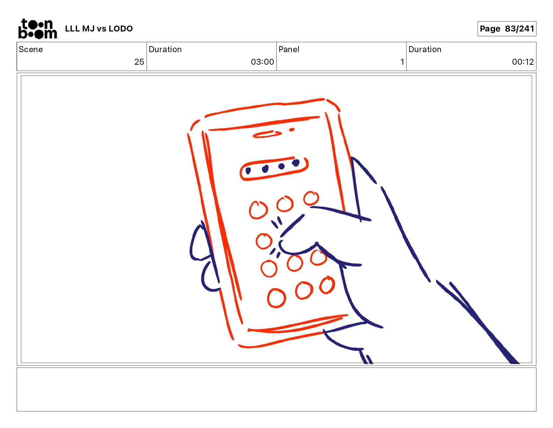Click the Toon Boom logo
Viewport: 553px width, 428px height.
(38, 29)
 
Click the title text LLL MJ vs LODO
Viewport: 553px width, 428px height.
(99, 29)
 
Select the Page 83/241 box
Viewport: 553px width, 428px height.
(507, 29)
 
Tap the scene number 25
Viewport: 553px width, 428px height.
(139, 62)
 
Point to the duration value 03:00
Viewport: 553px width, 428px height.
(262, 62)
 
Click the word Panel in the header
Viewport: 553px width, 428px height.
(289, 49)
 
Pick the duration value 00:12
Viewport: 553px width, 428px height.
(523, 62)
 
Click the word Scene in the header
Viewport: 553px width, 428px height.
(31, 49)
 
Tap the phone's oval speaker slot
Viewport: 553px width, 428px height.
(267, 134)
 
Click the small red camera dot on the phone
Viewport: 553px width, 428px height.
(292, 130)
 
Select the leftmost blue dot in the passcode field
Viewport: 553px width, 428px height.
(248, 171)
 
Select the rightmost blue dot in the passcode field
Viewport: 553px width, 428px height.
(296, 163)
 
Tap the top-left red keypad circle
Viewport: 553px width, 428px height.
(258, 210)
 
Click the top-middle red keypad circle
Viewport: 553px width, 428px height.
(285, 204)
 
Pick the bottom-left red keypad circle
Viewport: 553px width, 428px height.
(276, 298)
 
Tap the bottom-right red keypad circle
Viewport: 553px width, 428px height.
(327, 285)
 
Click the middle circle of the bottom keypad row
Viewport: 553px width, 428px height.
(304, 290)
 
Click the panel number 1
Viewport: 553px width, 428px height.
(402, 62)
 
